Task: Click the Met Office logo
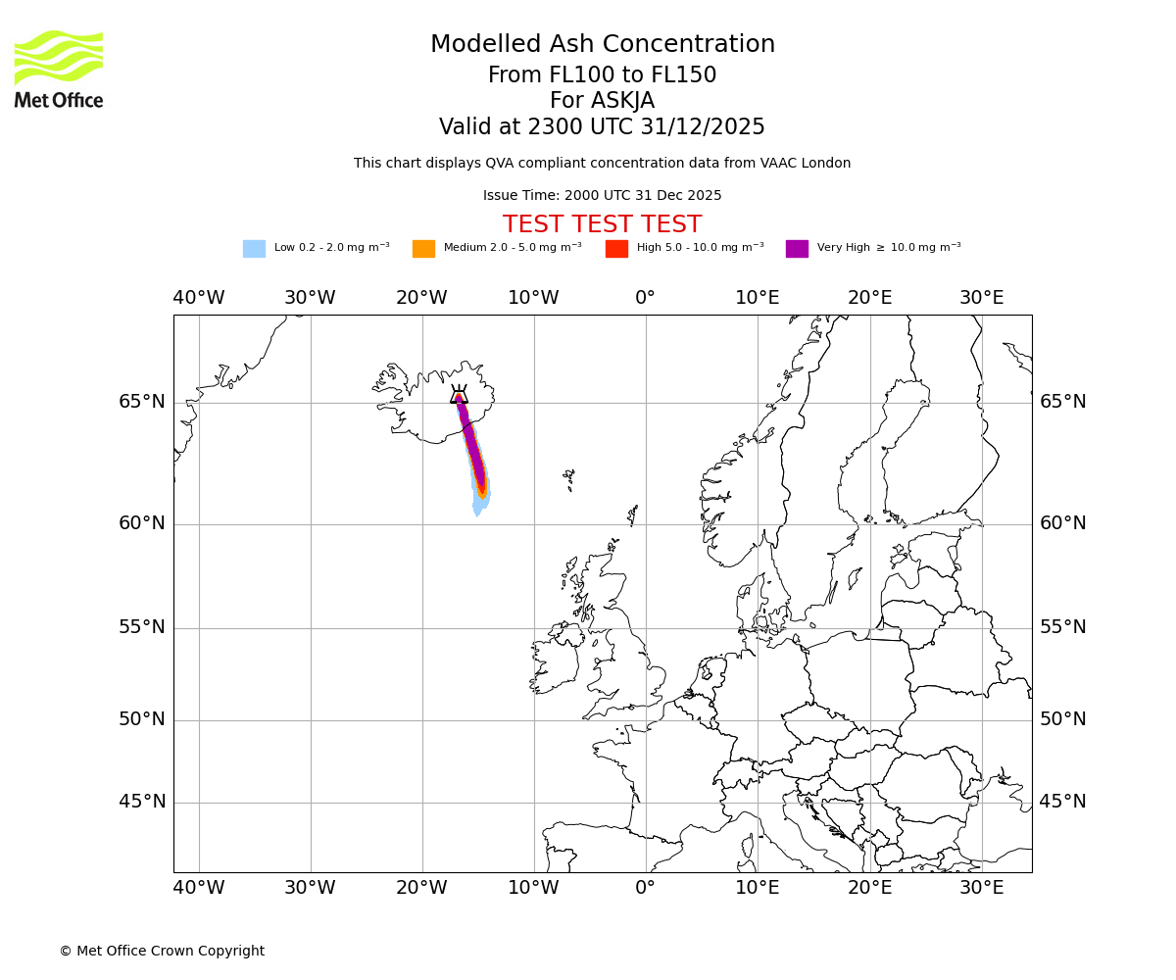pos(59,69)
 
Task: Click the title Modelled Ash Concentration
pos(603,45)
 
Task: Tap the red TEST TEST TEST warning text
pos(602,224)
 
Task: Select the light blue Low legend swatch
pos(254,249)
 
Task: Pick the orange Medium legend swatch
pos(423,249)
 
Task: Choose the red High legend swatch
pos(616,249)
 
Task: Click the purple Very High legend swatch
pos(797,249)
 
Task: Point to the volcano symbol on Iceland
pos(459,395)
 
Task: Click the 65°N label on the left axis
pos(142,402)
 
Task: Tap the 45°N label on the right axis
pos(1062,802)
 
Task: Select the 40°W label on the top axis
pos(199,298)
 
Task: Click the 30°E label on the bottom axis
pos(981,888)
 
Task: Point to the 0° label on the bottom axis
pos(645,888)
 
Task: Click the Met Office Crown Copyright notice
pos(162,951)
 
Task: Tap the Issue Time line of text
pos(602,196)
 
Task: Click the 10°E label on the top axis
pos(758,298)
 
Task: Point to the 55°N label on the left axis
pos(142,627)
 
